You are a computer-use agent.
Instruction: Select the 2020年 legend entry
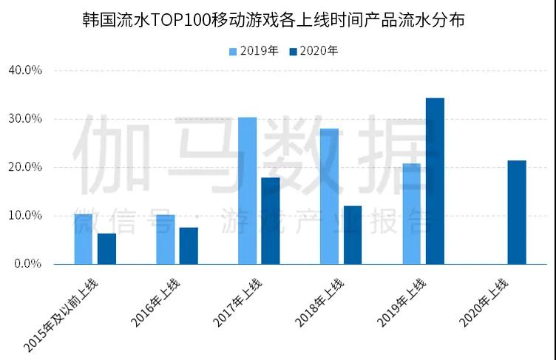[313, 51]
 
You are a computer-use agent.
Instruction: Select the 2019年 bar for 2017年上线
[247, 191]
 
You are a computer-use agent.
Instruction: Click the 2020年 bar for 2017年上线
[271, 220]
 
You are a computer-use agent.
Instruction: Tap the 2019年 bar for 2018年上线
[329, 196]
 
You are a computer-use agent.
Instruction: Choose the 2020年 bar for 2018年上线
[353, 234]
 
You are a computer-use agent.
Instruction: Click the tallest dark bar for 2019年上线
[435, 181]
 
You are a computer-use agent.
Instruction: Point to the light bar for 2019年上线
[412, 214]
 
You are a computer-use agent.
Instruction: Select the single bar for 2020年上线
[517, 212]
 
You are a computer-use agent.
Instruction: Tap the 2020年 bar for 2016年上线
[189, 245]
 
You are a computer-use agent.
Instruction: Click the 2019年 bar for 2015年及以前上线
[84, 239]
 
